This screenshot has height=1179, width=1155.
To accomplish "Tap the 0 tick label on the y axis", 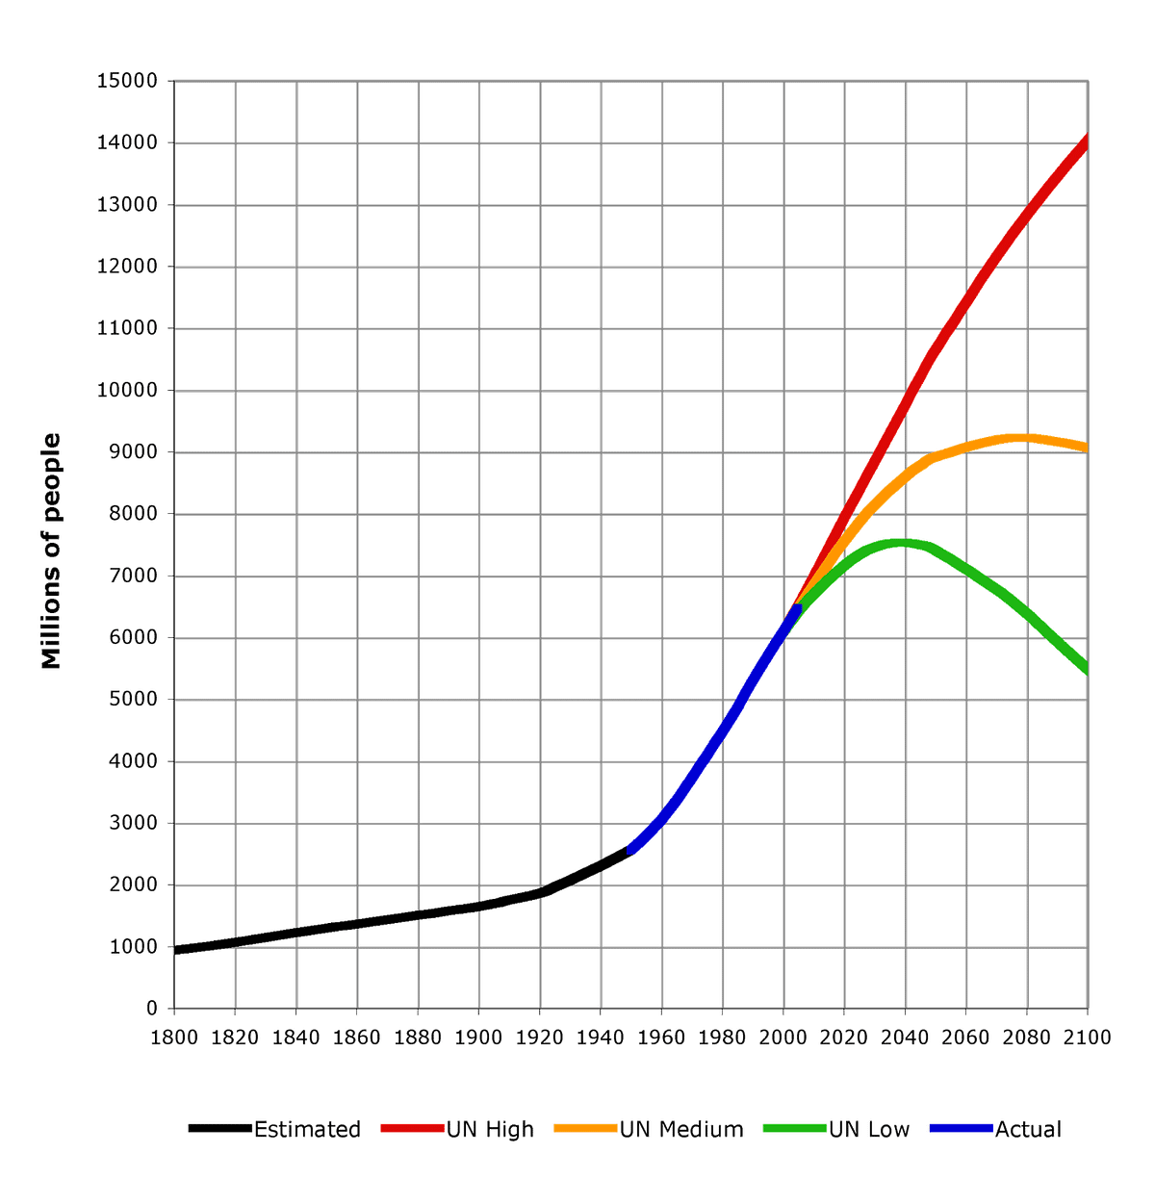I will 151,1009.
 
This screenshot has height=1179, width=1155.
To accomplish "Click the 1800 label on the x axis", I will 174,1037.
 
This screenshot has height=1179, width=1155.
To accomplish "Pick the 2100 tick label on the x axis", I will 1087,1037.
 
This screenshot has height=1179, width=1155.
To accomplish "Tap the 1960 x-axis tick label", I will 661,1037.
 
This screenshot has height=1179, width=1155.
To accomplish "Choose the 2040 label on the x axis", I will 905,1037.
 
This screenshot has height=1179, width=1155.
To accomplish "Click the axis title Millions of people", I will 52,551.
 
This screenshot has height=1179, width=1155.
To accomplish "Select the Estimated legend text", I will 308,1129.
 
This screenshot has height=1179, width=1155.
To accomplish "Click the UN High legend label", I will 489,1129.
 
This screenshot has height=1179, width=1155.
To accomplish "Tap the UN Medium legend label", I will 681,1129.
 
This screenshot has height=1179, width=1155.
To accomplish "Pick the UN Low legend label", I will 868,1129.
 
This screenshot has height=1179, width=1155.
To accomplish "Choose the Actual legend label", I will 1027,1129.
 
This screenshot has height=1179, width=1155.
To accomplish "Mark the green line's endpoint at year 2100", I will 1087,671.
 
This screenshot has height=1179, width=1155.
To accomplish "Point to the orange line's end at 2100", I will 1087,447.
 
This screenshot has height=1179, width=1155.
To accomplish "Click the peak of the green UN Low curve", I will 902,544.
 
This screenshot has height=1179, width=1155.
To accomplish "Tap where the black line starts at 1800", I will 175,950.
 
